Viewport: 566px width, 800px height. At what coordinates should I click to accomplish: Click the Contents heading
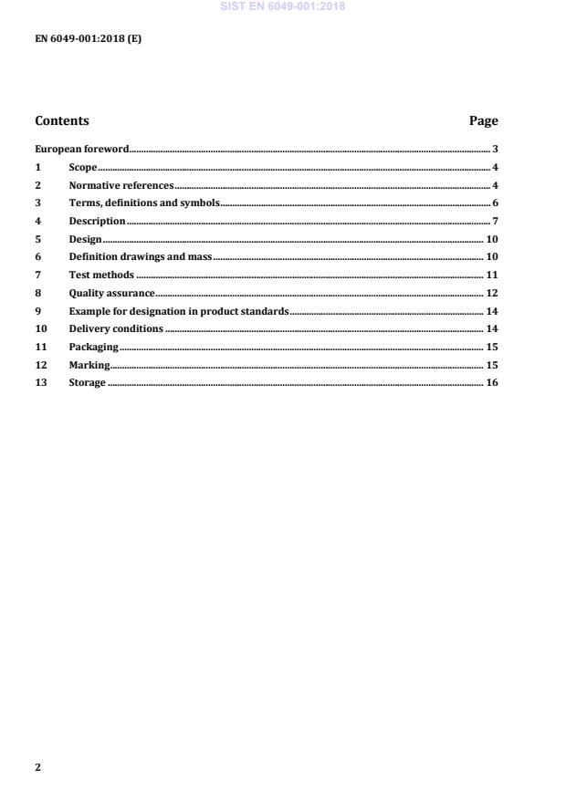(62, 120)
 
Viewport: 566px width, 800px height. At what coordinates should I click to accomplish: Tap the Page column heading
(483, 120)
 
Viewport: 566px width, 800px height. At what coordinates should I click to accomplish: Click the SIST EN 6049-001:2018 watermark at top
(283, 7)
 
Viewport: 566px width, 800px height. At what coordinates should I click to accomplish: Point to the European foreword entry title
(82, 149)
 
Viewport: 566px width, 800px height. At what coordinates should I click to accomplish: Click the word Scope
(83, 167)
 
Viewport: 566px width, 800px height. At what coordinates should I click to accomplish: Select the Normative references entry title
(121, 185)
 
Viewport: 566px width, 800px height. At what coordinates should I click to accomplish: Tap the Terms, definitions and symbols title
(144, 203)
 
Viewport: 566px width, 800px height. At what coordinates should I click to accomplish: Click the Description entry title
(98, 221)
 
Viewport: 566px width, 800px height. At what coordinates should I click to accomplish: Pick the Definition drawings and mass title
(141, 256)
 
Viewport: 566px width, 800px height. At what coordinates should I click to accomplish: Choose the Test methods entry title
(101, 275)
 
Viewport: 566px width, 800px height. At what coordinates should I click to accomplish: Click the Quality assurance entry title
(112, 293)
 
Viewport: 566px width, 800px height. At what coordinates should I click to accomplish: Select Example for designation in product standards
(179, 311)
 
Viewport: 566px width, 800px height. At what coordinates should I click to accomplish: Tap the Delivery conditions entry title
(116, 328)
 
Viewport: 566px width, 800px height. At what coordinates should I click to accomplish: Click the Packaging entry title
(94, 347)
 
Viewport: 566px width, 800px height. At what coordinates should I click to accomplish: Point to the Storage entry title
(88, 382)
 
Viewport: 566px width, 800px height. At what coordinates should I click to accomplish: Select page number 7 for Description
(494, 221)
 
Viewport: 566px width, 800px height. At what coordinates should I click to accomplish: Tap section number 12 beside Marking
(40, 365)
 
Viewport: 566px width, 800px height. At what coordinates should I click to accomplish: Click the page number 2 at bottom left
(37, 767)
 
